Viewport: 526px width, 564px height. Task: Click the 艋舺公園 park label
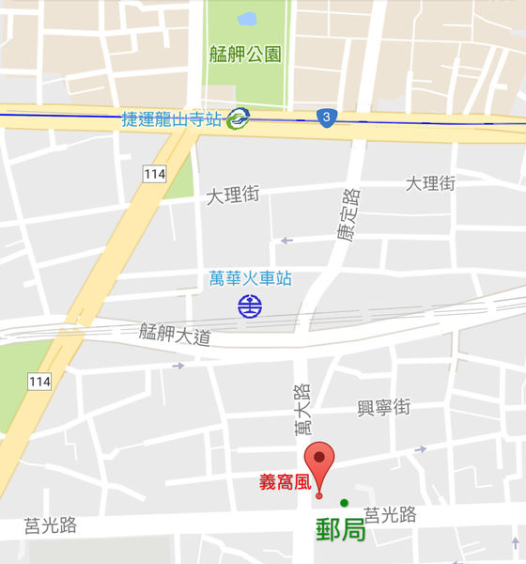[245, 54]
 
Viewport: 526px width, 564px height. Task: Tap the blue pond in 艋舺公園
[247, 18]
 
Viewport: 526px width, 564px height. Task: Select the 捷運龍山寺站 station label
[173, 119]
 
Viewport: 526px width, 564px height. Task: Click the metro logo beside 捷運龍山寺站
[239, 118]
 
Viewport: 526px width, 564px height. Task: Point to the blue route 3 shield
[325, 117]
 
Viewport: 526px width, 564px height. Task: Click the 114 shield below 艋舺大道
[39, 381]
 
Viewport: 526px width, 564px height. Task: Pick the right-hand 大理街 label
[430, 183]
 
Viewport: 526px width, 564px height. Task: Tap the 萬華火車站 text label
[250, 278]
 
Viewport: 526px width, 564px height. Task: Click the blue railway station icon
[250, 305]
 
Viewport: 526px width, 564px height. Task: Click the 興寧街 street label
[384, 408]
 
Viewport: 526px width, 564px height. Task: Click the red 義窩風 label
[284, 483]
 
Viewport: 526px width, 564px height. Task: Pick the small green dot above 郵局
[345, 501]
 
